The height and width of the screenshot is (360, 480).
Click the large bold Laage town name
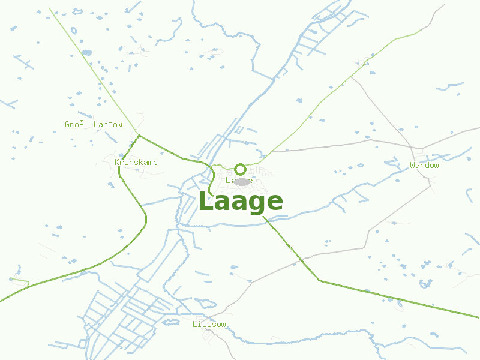click(x=240, y=202)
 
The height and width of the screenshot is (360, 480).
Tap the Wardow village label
click(x=424, y=165)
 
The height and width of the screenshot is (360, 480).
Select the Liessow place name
click(x=209, y=325)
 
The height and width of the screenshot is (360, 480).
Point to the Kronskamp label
click(x=136, y=163)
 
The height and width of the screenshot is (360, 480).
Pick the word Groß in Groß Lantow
click(x=74, y=125)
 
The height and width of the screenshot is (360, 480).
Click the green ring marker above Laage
click(x=240, y=169)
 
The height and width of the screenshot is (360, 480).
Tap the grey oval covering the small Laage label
click(x=241, y=182)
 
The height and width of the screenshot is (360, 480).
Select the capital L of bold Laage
click(x=206, y=202)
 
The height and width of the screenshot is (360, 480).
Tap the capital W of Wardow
click(x=413, y=165)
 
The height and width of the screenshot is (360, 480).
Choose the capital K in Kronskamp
click(x=116, y=163)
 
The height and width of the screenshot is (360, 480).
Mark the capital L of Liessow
click(x=194, y=325)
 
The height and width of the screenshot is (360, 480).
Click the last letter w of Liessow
click(x=224, y=325)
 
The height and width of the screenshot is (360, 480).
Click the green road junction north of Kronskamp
click(x=139, y=136)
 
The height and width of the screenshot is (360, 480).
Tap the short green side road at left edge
click(x=19, y=280)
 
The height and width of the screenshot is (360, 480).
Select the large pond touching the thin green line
click(x=86, y=53)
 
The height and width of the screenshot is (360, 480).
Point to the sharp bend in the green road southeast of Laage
click(x=319, y=280)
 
